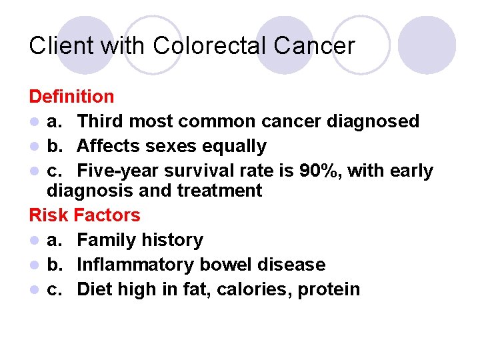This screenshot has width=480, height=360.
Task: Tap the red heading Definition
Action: [71, 97]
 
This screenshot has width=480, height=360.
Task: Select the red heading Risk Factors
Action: [85, 215]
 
